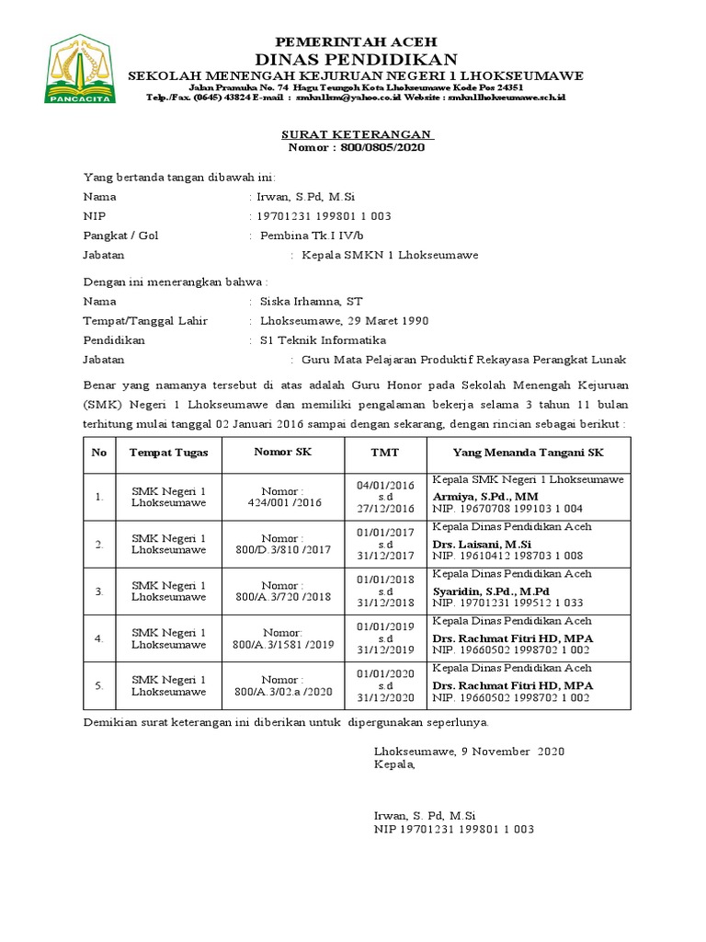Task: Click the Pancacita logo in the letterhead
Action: coord(81,70)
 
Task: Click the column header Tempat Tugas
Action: coord(168,453)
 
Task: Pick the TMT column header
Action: coord(384,453)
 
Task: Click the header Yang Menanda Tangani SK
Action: coord(528,453)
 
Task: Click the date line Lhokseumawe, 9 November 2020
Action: coord(469,752)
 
